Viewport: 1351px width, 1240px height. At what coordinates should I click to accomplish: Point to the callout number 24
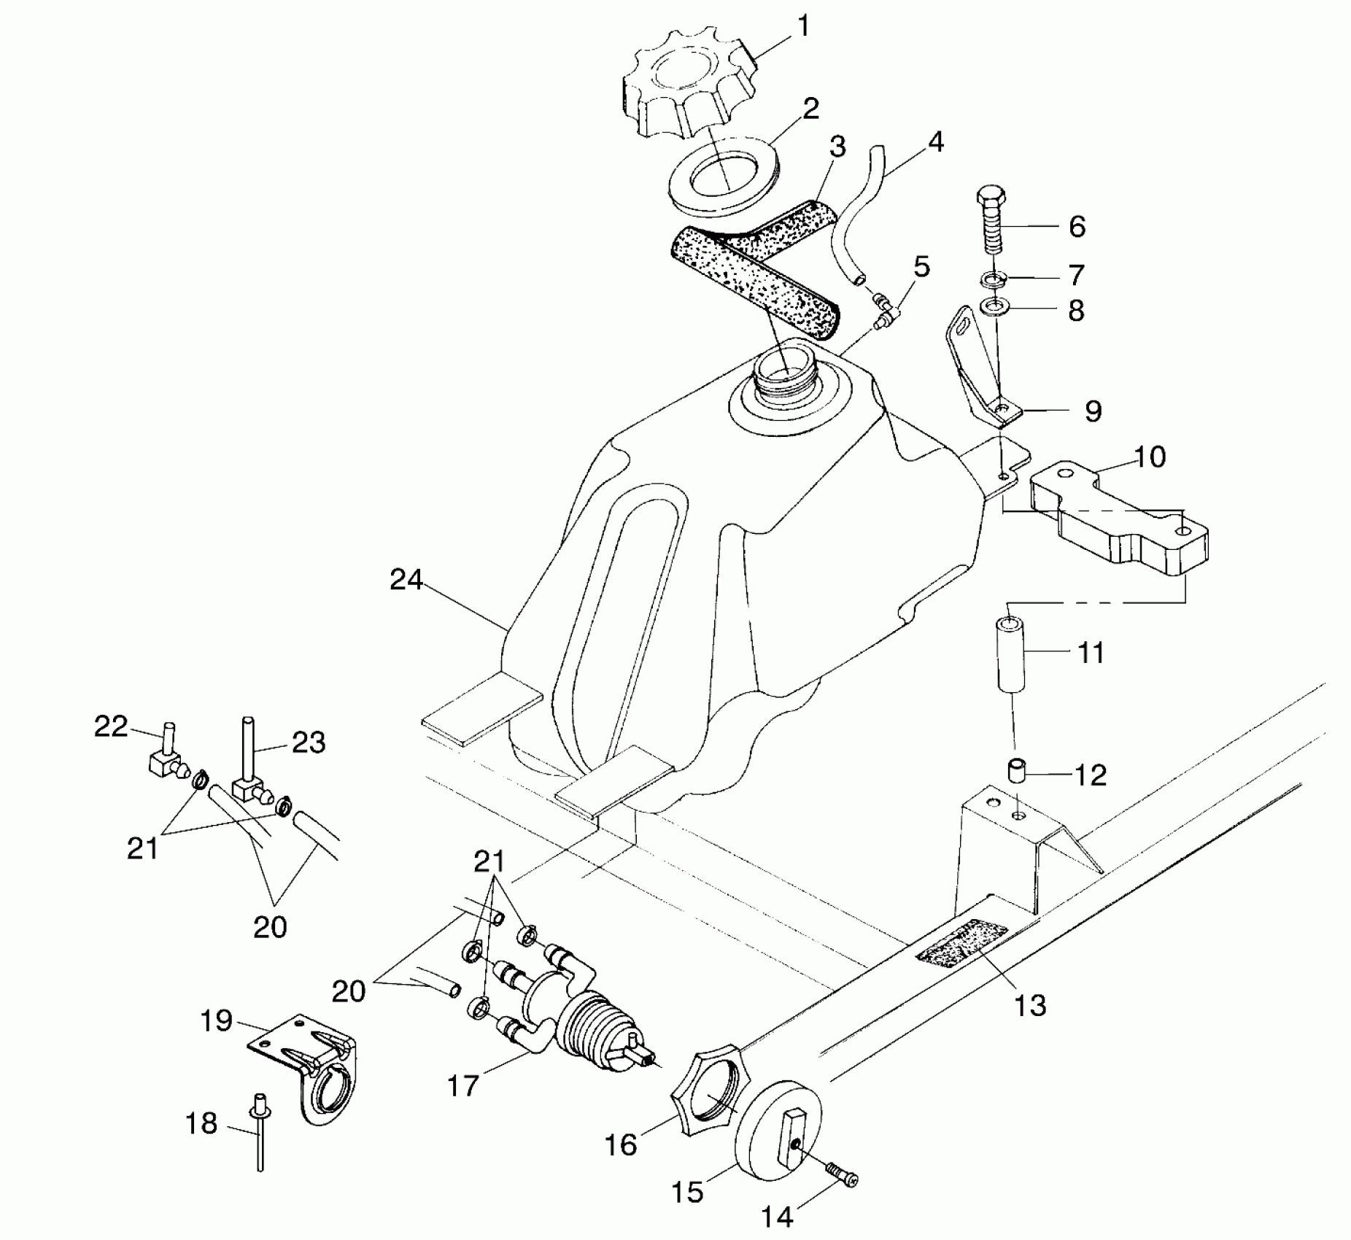coord(406,580)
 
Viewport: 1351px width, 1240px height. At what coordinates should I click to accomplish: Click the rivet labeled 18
coord(259,1128)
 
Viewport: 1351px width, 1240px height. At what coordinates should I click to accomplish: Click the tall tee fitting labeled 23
coord(247,773)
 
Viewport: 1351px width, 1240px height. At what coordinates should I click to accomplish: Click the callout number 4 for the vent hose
coord(934,142)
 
